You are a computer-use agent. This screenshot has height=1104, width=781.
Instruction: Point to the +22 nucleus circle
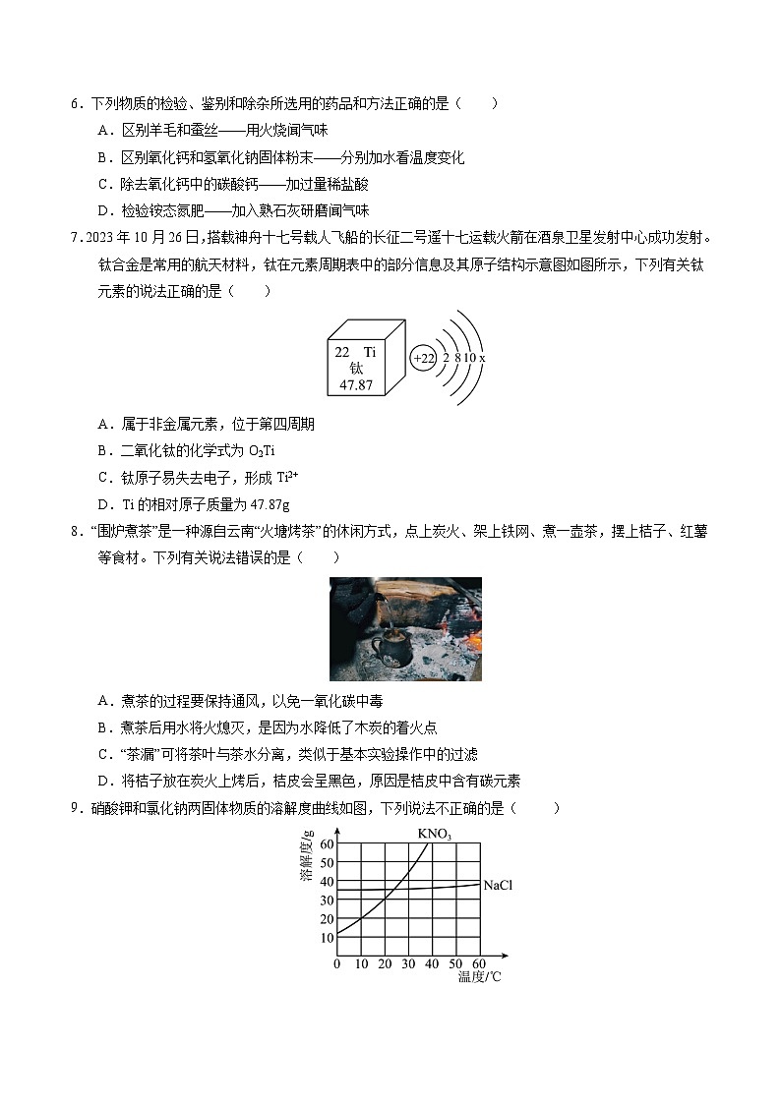click(423, 359)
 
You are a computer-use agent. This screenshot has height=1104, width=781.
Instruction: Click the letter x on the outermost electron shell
click(482, 359)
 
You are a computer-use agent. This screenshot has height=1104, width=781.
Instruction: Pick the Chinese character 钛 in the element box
click(355, 368)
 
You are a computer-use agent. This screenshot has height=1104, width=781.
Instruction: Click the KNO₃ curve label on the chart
click(434, 834)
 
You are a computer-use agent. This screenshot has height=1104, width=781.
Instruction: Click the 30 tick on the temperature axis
click(408, 963)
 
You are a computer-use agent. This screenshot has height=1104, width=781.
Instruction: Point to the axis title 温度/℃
click(480, 976)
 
